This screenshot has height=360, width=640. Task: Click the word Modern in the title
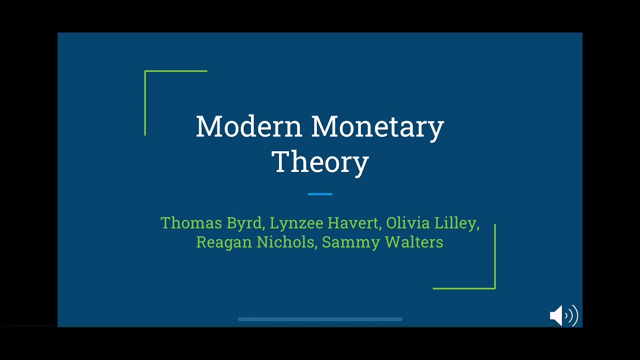pyautogui.click(x=249, y=126)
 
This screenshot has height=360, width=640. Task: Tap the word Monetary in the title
pyautogui.click(x=377, y=127)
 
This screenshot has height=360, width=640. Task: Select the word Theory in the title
pyautogui.click(x=320, y=162)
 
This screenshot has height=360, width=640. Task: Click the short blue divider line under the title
pyautogui.click(x=320, y=194)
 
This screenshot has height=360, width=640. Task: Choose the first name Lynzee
pyautogui.click(x=295, y=223)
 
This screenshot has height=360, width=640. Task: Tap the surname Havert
pyautogui.click(x=354, y=223)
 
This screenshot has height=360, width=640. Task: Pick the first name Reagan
pyautogui.click(x=224, y=242)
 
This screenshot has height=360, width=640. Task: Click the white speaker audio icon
pyautogui.click(x=563, y=315)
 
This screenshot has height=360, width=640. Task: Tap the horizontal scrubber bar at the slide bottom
pyautogui.click(x=320, y=319)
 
